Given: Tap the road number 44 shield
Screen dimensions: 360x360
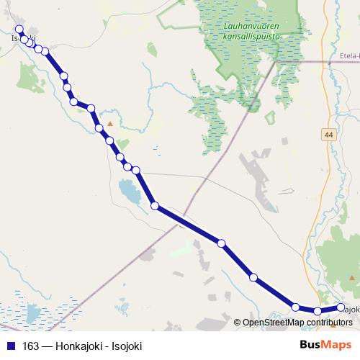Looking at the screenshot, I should point(329,135).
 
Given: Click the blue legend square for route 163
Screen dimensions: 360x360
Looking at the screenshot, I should point(11,346).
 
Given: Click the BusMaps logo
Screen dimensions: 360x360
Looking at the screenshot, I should point(325,345).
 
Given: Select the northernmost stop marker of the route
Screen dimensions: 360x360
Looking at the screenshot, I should point(19,30).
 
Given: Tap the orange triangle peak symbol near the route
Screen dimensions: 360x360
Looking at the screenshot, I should point(110,124).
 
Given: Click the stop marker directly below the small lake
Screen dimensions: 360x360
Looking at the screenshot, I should point(155,206).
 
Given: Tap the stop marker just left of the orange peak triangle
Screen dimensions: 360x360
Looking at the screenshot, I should point(99,128).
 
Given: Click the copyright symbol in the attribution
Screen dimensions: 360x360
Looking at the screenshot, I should point(237,323).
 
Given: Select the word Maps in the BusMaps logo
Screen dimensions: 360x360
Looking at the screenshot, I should point(337,345).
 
